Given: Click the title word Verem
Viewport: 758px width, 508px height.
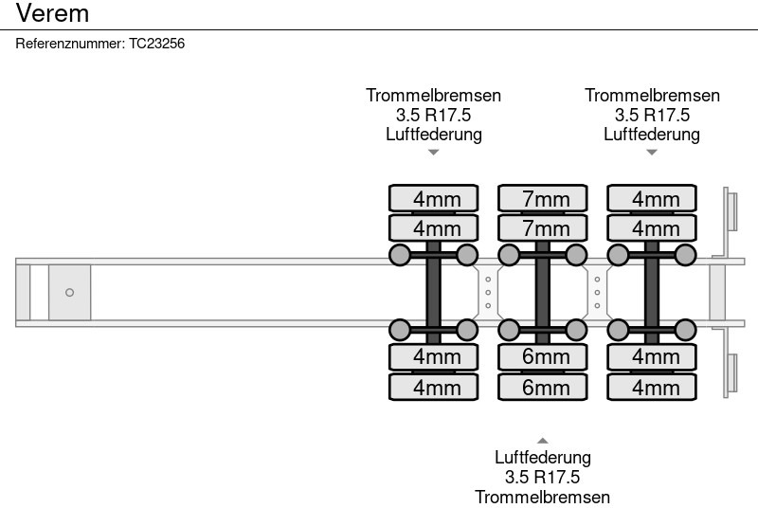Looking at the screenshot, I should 53,13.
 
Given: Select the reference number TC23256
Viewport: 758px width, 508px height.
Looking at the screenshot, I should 156,44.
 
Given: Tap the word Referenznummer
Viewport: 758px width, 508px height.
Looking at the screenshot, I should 69,44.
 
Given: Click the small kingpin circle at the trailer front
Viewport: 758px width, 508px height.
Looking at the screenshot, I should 69,292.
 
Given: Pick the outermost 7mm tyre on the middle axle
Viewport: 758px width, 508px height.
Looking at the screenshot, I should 546,198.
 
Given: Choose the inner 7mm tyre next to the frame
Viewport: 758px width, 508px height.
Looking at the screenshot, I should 546,228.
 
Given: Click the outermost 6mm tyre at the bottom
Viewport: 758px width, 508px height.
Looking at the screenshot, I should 546,388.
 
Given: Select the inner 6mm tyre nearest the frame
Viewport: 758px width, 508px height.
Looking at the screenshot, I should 546,357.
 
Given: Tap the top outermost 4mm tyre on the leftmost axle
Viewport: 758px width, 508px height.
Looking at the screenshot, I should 437,198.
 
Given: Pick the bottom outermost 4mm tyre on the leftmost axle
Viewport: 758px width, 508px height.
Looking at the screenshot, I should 437,388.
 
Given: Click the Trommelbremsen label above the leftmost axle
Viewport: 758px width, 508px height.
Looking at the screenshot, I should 434,96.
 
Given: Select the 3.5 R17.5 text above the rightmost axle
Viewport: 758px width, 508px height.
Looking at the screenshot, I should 652,115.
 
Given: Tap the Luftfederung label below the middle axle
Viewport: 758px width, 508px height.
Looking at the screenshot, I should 543,458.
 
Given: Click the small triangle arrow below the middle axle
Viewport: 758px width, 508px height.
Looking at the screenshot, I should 543,441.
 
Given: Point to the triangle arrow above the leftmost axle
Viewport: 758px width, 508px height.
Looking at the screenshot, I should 434,152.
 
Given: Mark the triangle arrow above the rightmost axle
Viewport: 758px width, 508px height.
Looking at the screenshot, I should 652,152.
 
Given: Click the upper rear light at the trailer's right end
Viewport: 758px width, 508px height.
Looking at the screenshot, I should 731,209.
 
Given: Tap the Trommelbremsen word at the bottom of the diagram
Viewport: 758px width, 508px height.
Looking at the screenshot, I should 543,497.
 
